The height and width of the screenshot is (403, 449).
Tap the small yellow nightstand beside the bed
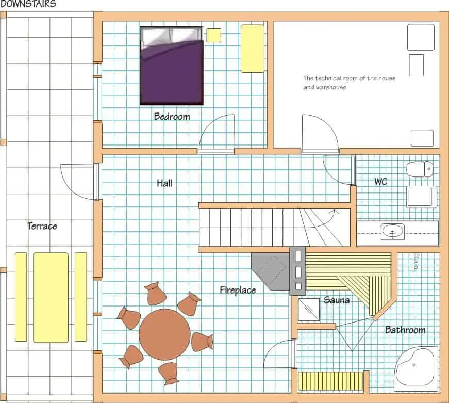coord(213,35)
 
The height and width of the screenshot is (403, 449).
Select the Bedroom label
coord(172,117)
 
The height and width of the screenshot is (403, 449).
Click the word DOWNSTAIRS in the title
coord(28,4)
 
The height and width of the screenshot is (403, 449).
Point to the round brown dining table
coord(164,334)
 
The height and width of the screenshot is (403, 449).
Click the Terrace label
coord(42,226)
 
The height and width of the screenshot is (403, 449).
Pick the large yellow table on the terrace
coord(51,297)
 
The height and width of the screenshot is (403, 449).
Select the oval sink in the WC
coord(393,232)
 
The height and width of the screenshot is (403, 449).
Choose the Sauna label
coord(337,300)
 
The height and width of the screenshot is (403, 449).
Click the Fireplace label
coord(238,291)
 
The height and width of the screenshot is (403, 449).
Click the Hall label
coord(164,183)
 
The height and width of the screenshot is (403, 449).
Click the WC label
coord(380,182)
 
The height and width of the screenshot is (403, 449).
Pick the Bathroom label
coord(405,330)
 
